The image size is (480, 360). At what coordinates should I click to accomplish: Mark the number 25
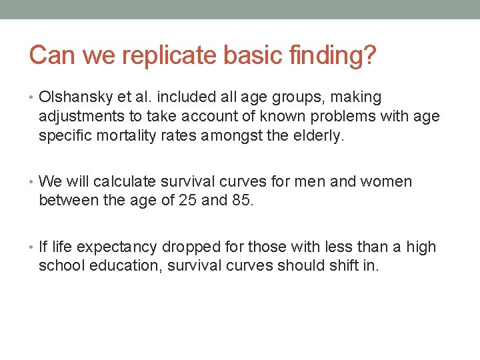(x=187, y=201)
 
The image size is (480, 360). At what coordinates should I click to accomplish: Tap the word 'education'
(x=127, y=267)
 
